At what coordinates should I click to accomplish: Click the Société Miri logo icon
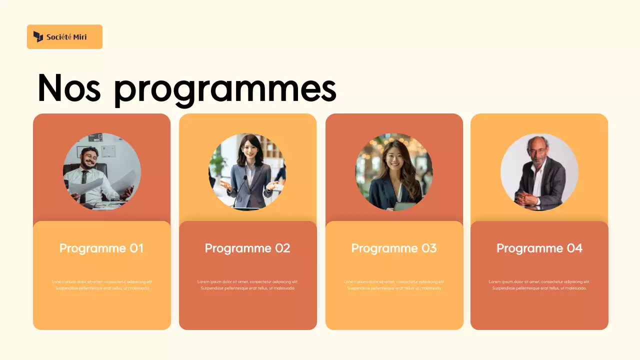pos(38,36)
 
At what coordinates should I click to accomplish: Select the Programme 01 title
pos(101,248)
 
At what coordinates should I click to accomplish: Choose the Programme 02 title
pos(247,248)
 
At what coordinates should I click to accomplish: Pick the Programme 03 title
pos(394,248)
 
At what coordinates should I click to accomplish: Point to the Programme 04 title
pos(539,248)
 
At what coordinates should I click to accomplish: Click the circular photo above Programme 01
pos(102,171)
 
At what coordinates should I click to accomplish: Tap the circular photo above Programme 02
pos(247,171)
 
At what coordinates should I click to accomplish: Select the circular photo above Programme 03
pos(394,171)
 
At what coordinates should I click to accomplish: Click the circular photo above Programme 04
pos(539,171)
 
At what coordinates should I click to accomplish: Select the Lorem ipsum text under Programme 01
pos(102,285)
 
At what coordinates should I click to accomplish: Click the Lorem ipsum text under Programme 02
pos(247,285)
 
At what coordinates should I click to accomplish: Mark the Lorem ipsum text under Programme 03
pos(394,285)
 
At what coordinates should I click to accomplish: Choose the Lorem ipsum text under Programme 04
pos(539,285)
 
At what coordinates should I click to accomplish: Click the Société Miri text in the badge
pos(66,37)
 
